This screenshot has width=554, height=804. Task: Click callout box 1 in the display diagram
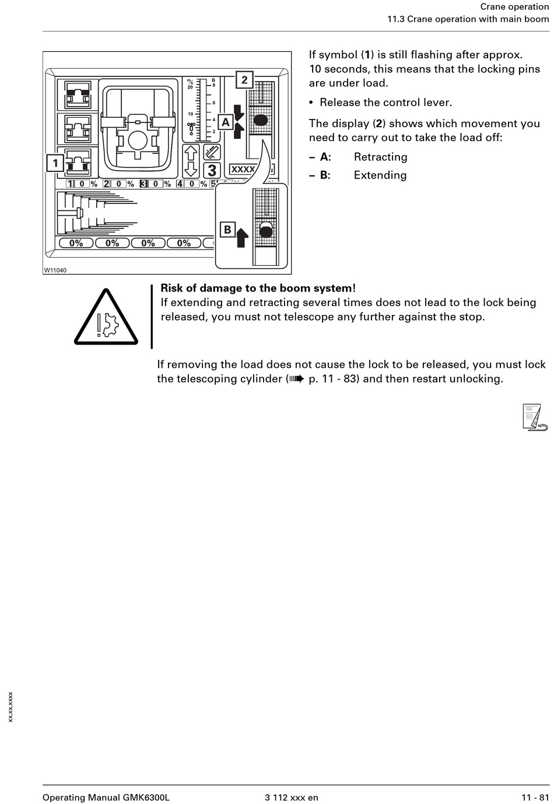[55, 163]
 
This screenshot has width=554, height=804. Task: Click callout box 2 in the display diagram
[244, 80]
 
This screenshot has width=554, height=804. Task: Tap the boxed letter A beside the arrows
[226, 122]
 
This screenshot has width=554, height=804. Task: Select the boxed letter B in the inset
[227, 229]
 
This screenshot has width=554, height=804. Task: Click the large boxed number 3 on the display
[212, 170]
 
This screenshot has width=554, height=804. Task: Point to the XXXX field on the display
[243, 169]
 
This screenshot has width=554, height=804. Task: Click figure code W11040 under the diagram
[55, 270]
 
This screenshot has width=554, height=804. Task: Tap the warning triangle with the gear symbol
[106, 318]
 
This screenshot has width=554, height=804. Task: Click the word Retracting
[380, 157]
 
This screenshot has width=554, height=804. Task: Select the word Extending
[380, 175]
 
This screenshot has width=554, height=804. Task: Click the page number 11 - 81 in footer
[535, 798]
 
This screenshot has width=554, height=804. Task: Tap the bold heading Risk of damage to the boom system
[258, 288]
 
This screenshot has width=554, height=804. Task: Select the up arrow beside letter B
[243, 237]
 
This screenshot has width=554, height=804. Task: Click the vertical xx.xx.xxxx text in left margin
[10, 707]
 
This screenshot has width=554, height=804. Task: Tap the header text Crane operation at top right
[514, 6]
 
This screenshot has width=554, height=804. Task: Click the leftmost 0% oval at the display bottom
[76, 243]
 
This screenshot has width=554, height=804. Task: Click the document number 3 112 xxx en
[291, 798]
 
